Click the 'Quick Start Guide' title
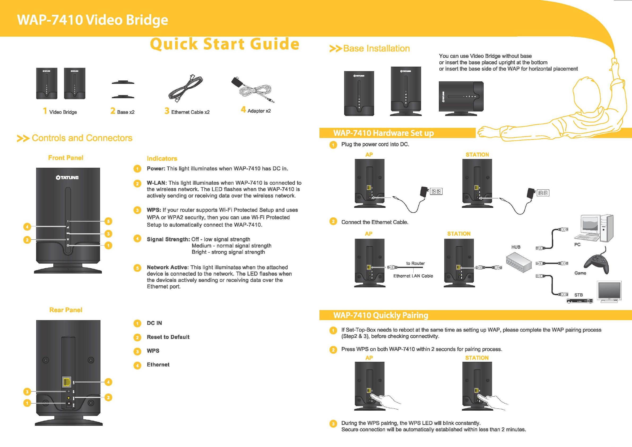click(x=225, y=44)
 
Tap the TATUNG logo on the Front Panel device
click(x=67, y=178)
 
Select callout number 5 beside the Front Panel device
click(x=109, y=221)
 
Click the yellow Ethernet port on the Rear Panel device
click(x=67, y=382)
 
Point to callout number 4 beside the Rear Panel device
click(x=109, y=382)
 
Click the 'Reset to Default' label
click(x=168, y=337)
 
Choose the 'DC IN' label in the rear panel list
click(x=154, y=323)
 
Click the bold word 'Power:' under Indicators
click(x=156, y=169)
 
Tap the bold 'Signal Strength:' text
click(x=168, y=239)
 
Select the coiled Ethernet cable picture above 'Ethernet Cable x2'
click(x=186, y=88)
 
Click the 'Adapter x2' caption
click(x=259, y=111)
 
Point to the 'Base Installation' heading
click(x=376, y=49)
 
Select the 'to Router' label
click(x=415, y=264)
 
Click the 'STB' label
click(x=578, y=295)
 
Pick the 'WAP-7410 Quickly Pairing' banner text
click(x=381, y=315)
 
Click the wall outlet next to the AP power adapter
click(x=436, y=191)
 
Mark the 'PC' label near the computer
click(x=577, y=244)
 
